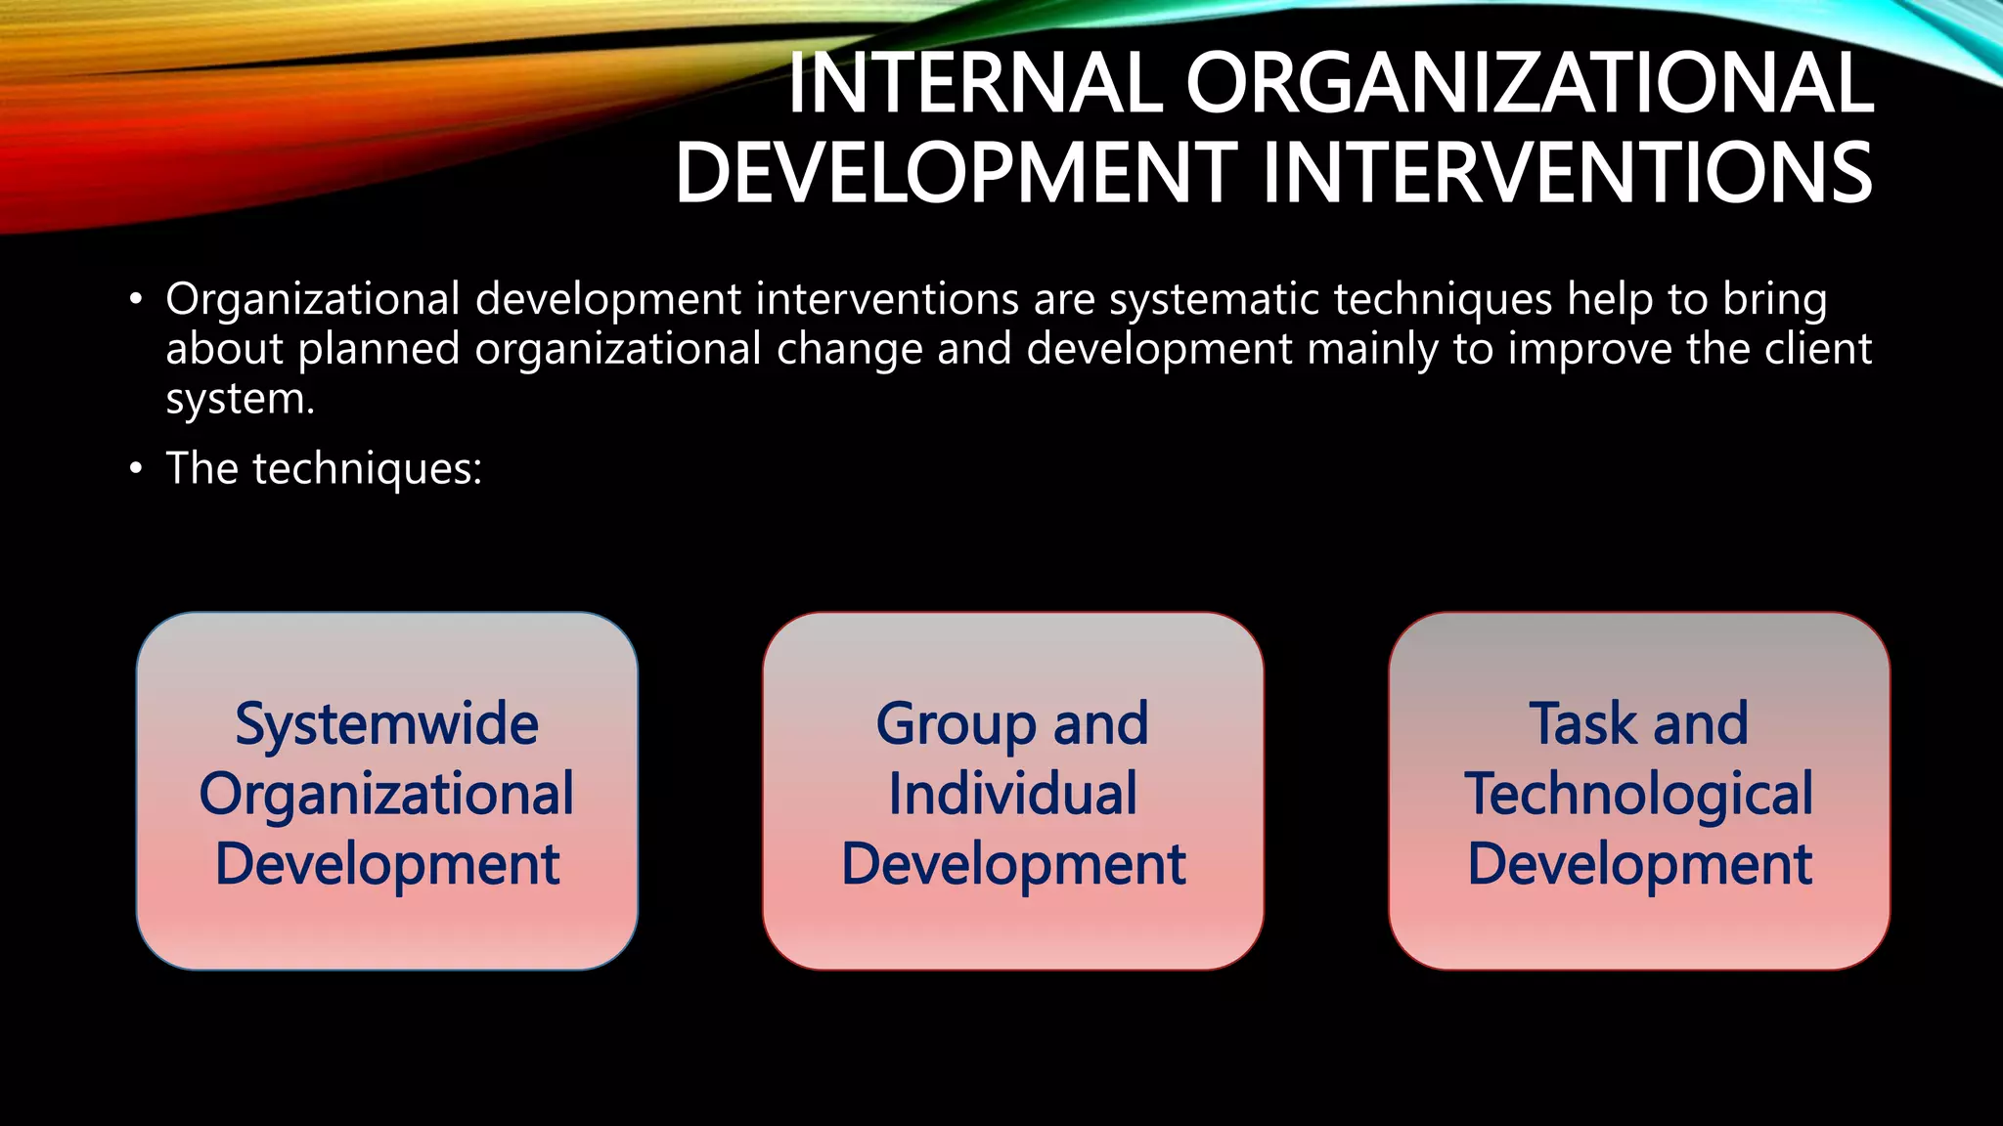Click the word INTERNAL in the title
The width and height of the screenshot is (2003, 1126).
coord(974,84)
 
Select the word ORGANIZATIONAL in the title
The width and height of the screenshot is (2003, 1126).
coord(1529,84)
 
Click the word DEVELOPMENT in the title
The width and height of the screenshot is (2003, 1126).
coord(956,174)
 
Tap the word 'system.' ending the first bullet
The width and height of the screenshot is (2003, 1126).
coord(240,400)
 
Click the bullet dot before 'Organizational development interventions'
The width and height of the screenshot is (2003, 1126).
coord(136,300)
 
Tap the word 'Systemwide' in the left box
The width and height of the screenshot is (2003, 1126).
coord(386,724)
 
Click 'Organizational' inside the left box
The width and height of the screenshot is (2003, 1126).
coord(386,794)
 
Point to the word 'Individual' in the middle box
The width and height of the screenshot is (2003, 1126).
coord(1012,794)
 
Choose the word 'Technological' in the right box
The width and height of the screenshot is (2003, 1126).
coord(1638,794)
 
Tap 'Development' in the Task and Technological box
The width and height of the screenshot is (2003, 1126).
coord(1638,864)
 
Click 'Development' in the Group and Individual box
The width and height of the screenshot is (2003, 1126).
coord(1012,864)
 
